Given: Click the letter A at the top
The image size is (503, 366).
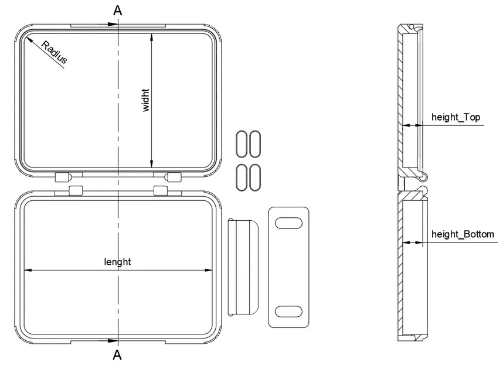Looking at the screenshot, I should (x=118, y=10).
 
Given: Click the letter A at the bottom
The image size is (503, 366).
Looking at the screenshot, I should (x=117, y=355).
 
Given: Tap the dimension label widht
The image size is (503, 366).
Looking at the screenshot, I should (x=146, y=100).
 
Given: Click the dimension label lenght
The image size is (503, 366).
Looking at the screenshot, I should (x=117, y=262).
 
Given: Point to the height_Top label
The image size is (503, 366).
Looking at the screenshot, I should (x=456, y=117).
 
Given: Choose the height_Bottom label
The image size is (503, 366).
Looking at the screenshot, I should (x=463, y=234).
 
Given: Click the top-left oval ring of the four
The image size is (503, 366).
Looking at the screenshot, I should (x=240, y=143).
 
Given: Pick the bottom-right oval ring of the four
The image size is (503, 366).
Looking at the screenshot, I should (x=254, y=177).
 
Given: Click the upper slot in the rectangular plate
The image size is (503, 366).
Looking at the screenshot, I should (x=287, y=223).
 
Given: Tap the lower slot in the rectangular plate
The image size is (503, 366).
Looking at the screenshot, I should (x=287, y=311).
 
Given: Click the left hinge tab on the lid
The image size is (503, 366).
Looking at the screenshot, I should (x=63, y=176).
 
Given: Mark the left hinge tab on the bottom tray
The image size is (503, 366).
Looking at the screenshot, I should (x=76, y=189).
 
